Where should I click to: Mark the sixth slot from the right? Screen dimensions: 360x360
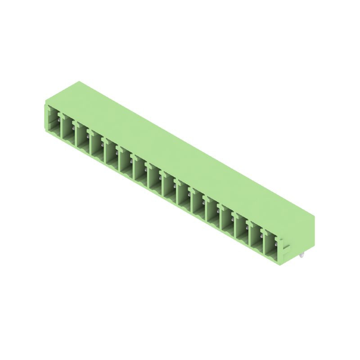198,204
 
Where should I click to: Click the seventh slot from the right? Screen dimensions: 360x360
184,197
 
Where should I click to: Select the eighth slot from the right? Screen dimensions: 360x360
169,189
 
